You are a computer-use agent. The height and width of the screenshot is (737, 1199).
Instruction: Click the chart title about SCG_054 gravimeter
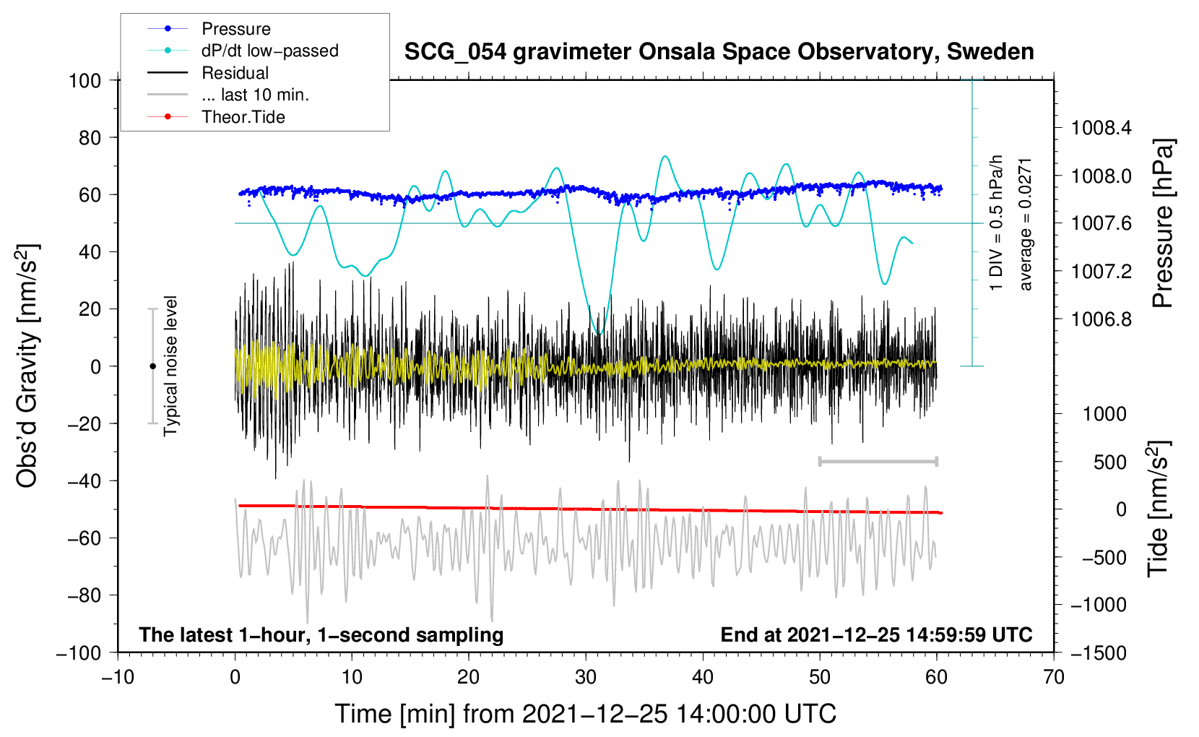pos(719,52)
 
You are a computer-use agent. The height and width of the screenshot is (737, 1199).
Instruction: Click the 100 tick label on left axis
pos(85,80)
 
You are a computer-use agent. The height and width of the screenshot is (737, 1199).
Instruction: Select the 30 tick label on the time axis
pos(586,677)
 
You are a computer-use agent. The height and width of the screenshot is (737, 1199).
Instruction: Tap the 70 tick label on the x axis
pos(1054,677)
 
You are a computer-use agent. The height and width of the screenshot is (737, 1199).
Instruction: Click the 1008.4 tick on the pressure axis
pos(1101,129)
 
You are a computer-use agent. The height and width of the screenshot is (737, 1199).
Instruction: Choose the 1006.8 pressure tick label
pos(1101,319)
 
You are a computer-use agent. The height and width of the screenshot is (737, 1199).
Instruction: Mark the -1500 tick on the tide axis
pos(1099,652)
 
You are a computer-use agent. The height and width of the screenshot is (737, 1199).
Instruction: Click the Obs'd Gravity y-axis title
pos(27,366)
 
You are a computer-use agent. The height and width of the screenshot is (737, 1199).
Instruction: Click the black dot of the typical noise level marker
pos(152,366)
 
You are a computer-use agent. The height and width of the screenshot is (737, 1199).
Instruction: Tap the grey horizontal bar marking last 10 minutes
pos(878,461)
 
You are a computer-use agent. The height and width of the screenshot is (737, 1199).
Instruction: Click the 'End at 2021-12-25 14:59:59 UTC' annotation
pos(876,634)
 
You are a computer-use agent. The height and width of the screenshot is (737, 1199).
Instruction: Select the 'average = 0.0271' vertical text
pos(1026,224)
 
